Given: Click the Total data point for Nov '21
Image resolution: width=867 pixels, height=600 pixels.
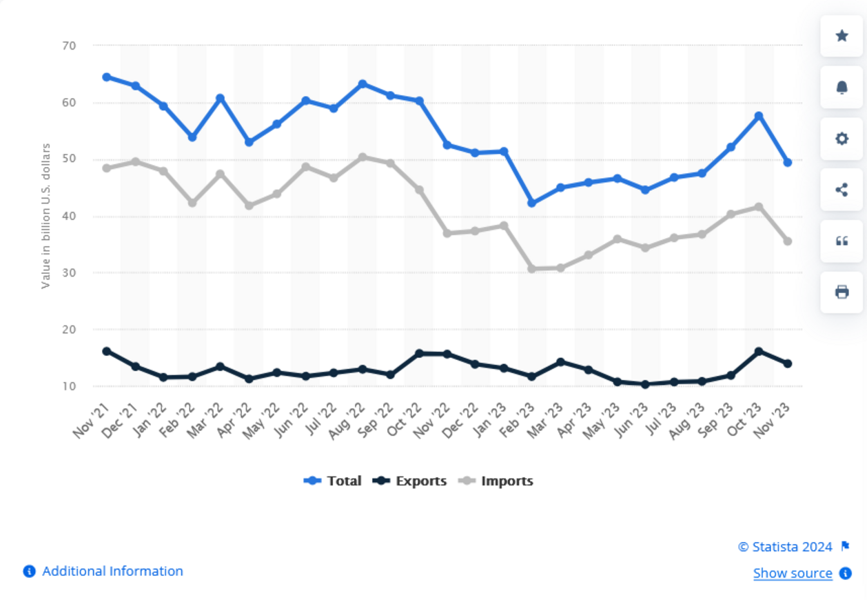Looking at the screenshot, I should (x=107, y=77).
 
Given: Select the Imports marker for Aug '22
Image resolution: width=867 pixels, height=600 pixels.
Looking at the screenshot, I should (x=363, y=157).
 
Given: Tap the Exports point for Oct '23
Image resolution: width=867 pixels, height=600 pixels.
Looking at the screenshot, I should (x=759, y=352).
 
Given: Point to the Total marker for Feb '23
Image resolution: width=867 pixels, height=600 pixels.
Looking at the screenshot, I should (x=532, y=203).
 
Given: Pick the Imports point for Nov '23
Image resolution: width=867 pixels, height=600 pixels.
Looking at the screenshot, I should (x=787, y=241).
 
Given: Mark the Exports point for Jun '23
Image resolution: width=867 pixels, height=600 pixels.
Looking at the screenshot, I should (x=645, y=384).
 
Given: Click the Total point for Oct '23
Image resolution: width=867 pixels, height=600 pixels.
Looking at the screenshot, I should (x=759, y=117).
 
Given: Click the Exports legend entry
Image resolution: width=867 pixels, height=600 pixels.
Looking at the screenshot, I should (x=410, y=481).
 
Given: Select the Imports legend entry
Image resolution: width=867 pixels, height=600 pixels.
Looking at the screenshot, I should (x=496, y=481).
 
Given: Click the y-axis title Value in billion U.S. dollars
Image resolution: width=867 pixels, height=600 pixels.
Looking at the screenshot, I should (x=46, y=216).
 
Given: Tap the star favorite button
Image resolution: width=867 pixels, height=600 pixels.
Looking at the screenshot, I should (x=841, y=36).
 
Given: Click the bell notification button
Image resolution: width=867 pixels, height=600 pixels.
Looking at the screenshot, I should (x=841, y=87).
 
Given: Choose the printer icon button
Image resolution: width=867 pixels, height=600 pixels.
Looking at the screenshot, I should (x=841, y=292).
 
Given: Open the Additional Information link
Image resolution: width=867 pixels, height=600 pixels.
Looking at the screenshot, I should (x=112, y=571).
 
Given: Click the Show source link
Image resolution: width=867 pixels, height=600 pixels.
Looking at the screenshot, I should (x=793, y=573).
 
